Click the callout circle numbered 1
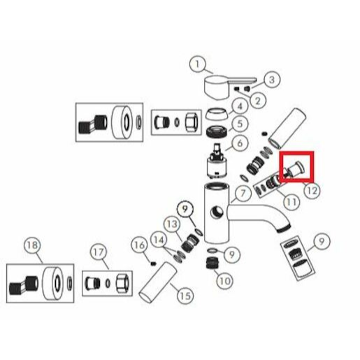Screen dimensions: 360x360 coord(197,64)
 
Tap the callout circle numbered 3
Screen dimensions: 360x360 coord(272,80)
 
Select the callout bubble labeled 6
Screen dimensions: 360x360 coord(240,143)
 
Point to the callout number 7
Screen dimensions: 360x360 coord(243,193)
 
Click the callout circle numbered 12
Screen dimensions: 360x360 coord(312,191)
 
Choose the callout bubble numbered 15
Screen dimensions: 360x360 coord(185,296)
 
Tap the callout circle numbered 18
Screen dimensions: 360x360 coord(32,245)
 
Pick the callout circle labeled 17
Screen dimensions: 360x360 coord(99,252)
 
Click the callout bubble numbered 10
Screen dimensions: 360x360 coord(224,281)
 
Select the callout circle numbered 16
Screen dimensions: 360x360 coord(140,245)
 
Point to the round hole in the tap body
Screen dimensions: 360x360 coord(217,213)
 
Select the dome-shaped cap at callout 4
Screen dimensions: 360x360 coord(217,114)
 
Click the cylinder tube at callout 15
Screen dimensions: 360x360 coord(158,282)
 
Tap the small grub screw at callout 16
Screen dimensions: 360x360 coord(153,264)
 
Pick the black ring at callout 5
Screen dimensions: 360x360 coord(217,131)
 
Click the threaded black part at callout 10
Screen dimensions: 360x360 coord(212,262)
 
